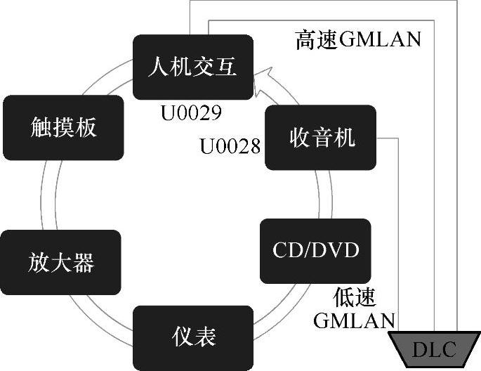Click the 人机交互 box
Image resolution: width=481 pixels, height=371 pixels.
click(x=192, y=67)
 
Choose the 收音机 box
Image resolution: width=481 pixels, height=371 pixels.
click(x=322, y=137)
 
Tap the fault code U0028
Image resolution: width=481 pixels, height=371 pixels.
click(x=230, y=146)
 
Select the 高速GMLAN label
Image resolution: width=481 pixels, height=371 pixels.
click(x=358, y=40)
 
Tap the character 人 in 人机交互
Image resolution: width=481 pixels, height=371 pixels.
click(x=159, y=67)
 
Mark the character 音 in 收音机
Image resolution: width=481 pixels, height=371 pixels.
click(x=322, y=137)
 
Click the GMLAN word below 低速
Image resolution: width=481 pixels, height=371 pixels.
click(x=353, y=320)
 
